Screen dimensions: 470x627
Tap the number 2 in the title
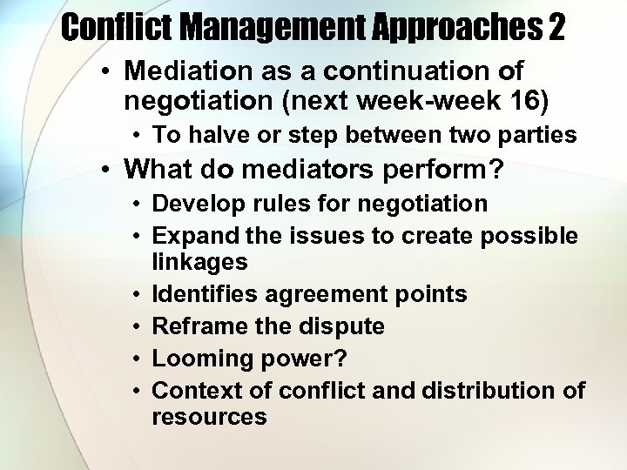[556, 28]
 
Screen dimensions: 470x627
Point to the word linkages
[199, 261]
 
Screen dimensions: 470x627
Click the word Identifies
[202, 295]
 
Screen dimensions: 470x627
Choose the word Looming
[196, 358]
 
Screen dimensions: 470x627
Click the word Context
[190, 390]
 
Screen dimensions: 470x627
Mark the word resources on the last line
[209, 416]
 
